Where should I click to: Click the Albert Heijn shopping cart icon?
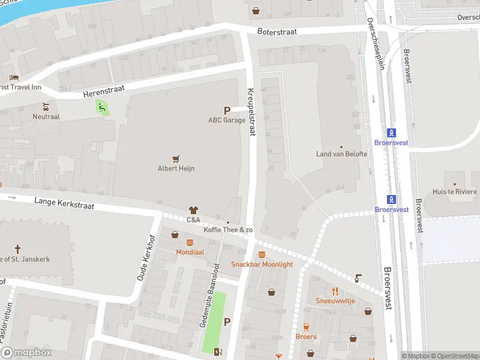(176, 159)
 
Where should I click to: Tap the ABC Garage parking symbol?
(227, 110)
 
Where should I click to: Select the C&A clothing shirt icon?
(193, 210)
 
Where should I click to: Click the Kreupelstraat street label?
(251, 112)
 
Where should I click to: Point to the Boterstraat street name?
(278, 32)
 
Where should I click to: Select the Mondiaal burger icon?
(190, 243)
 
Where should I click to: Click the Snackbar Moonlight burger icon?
(262, 255)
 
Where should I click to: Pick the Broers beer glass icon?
(306, 327)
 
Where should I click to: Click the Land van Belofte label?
(341, 154)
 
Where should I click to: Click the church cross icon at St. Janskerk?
(17, 248)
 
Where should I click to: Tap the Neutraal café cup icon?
(46, 106)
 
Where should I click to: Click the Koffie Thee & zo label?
(228, 230)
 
